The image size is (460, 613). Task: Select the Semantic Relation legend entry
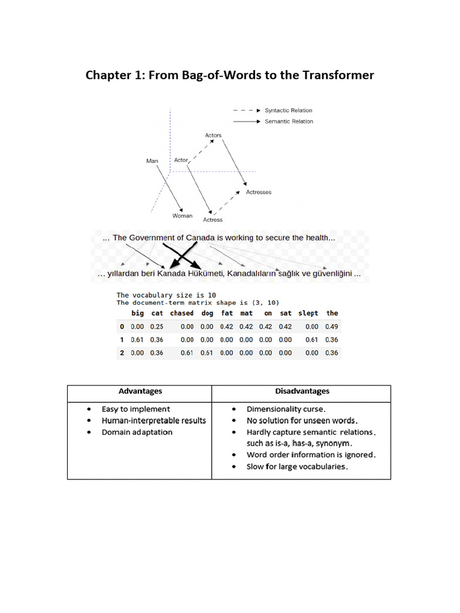click(288, 122)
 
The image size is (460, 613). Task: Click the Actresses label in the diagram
click(259, 192)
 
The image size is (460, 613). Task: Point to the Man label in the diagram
click(152, 161)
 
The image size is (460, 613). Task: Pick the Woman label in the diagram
click(183, 216)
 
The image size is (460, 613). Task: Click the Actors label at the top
click(213, 135)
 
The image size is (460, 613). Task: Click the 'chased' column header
click(181, 313)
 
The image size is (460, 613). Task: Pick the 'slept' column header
click(308, 313)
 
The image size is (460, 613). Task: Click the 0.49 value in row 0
click(332, 327)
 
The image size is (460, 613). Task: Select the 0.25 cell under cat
click(156, 327)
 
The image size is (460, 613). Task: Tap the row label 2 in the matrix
click(122, 353)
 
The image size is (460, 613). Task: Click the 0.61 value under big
click(138, 340)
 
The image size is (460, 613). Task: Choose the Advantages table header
click(140, 392)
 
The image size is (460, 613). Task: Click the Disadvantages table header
click(302, 392)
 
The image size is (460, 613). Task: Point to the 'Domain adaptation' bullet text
click(137, 432)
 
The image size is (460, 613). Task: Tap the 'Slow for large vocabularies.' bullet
click(297, 466)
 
